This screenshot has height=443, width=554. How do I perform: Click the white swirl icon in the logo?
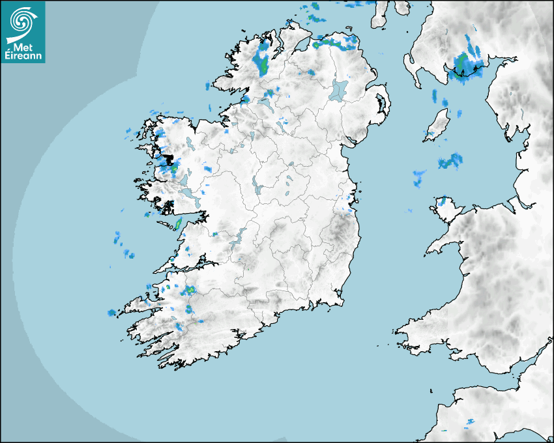click(x=22, y=20)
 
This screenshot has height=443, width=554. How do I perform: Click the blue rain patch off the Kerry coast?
click(x=112, y=313)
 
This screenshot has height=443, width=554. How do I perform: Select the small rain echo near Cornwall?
click(x=470, y=423)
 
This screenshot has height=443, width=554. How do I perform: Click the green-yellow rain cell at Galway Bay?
click(x=178, y=224)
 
